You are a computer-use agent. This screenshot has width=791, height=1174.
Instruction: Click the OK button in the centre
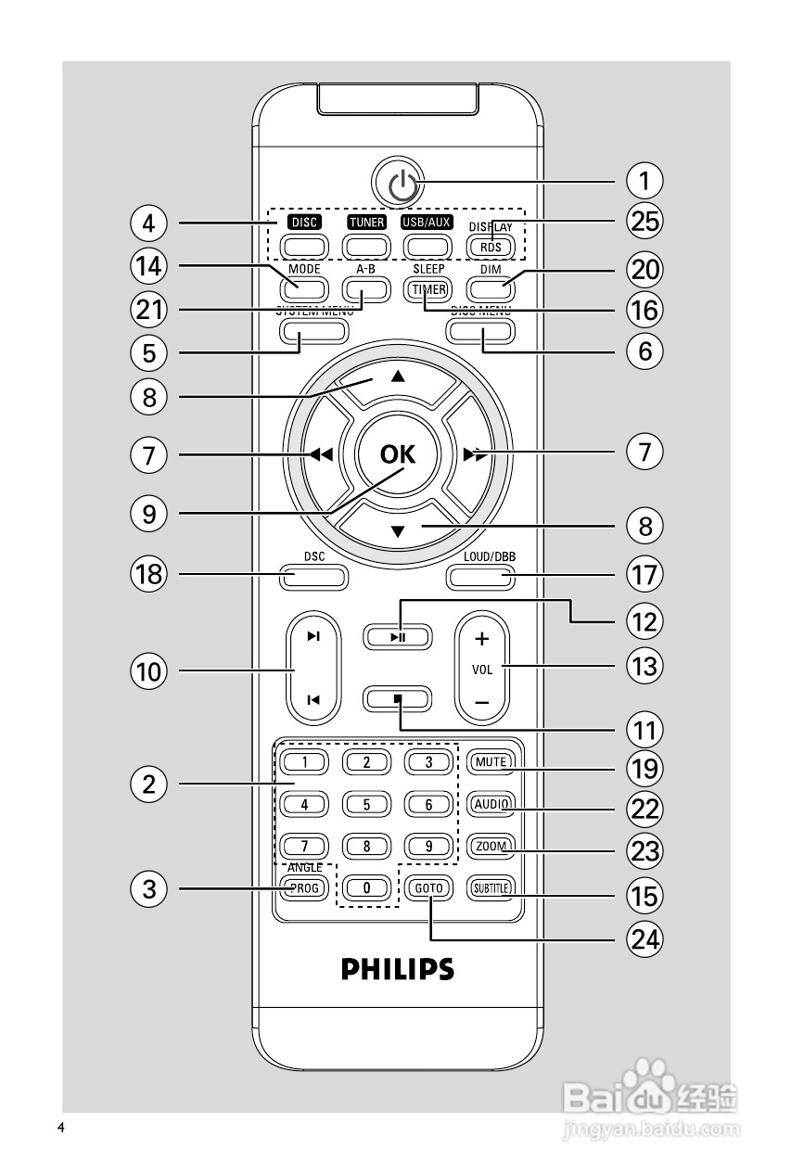coord(398,454)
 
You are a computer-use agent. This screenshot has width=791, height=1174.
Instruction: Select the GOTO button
coord(429,887)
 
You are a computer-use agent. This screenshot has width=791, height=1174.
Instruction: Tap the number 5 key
coord(366,804)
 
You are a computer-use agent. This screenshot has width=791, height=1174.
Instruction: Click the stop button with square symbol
coord(398,697)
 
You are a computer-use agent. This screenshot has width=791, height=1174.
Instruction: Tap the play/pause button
coord(398,637)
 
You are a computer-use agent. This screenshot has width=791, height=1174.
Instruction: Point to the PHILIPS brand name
coord(398,970)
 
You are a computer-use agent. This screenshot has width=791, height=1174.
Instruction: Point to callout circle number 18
coord(148,575)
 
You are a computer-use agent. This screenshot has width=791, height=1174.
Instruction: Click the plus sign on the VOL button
coord(481,640)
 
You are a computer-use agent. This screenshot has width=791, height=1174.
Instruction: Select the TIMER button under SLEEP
coord(429,288)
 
